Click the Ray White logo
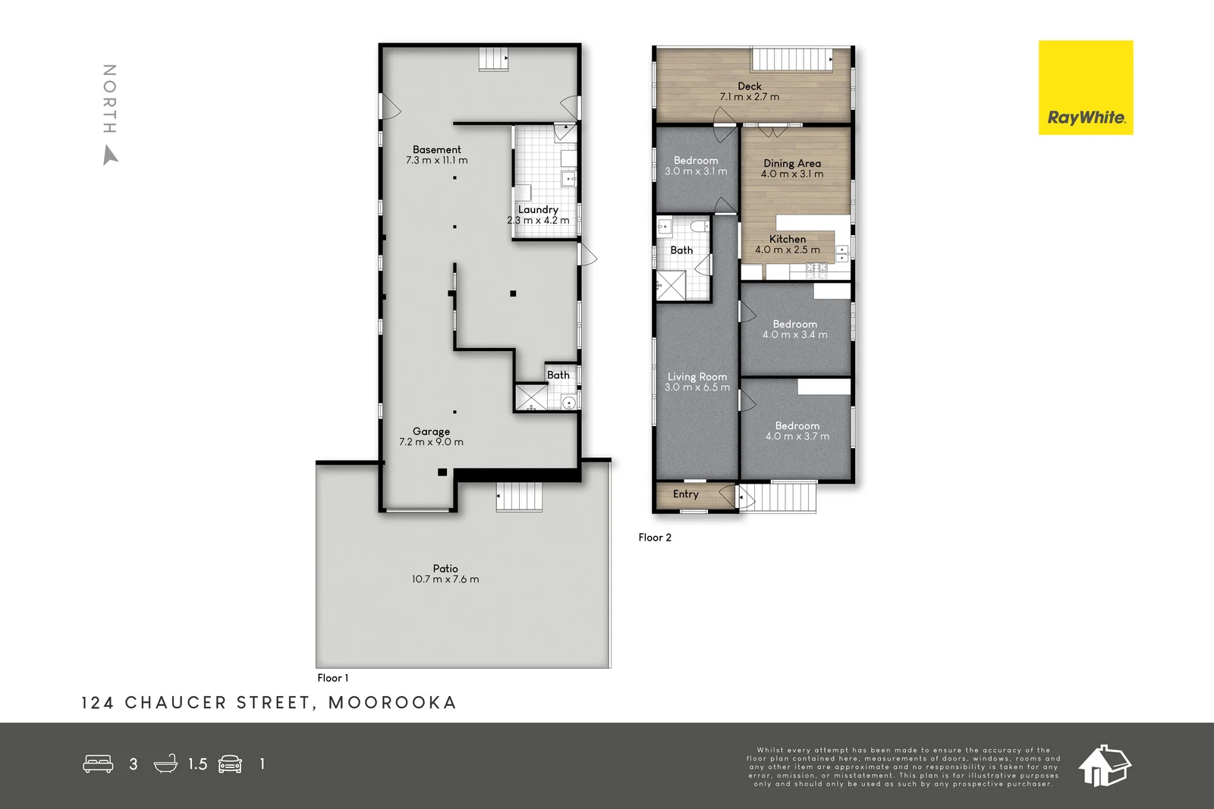pos(1085,88)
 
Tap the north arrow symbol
pos(111,155)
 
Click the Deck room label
pos(749,86)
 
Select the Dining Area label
pos(791,163)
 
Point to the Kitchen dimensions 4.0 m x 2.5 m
pos(787,250)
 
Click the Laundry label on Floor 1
pos(538,209)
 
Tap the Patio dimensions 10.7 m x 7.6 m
pos(445,579)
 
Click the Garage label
pos(431,431)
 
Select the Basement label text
pos(436,149)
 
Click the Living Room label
pos(697,376)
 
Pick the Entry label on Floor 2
pos(685,494)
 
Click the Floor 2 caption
pos(654,538)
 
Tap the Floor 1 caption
pos(332,678)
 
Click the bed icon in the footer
pos(98,764)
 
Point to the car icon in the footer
pos(230,764)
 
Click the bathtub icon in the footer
pos(165,764)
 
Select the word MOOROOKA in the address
pos(392,703)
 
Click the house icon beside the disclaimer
pos(1104,766)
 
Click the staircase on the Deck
pos(791,59)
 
